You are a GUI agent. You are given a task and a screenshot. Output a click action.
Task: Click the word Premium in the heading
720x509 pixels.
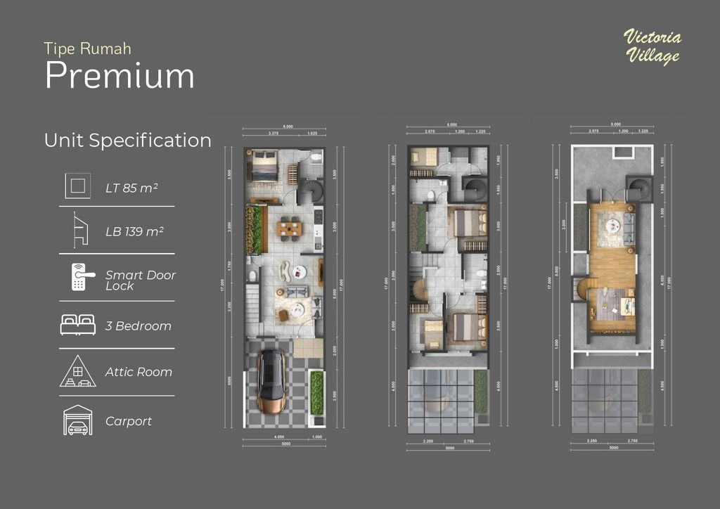(x=120, y=76)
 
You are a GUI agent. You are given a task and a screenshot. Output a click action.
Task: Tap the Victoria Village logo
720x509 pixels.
(x=652, y=47)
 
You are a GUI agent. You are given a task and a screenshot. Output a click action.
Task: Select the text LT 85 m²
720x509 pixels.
(x=131, y=188)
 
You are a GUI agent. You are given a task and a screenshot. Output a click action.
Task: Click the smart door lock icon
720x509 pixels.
(x=78, y=278)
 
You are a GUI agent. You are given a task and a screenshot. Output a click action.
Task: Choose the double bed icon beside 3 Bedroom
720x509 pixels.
(x=77, y=324)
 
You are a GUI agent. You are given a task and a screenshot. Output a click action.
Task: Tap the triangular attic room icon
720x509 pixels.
(x=77, y=371)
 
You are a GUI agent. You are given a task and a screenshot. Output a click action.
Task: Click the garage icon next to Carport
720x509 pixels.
(x=77, y=420)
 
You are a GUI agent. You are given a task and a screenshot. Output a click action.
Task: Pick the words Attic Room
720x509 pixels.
(x=139, y=372)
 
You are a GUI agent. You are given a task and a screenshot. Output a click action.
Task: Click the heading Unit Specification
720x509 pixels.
(x=127, y=140)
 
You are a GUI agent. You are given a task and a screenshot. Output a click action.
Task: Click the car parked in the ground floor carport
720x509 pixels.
(x=270, y=382)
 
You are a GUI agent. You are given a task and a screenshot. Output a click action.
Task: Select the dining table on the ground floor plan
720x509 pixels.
(x=289, y=228)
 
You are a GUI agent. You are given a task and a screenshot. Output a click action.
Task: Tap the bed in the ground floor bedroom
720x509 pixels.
(x=264, y=166)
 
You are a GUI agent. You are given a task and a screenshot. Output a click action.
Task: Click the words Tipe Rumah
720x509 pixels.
(x=87, y=49)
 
